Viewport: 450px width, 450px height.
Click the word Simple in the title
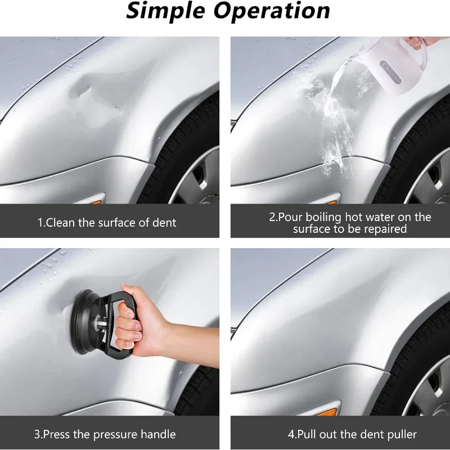coord(165,11)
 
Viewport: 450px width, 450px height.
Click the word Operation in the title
coord(272,10)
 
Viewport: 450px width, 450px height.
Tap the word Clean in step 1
coord(60,223)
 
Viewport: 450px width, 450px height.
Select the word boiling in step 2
coord(323,218)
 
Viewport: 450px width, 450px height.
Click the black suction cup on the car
coord(83,322)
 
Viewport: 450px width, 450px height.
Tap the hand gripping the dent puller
coord(143,325)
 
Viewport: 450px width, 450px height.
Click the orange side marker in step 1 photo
coord(96,202)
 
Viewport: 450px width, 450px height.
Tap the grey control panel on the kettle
coord(390,73)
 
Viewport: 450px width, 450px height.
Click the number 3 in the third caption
coord(37,434)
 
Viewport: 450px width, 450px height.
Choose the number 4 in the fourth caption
coord(291,434)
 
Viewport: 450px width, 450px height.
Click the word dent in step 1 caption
coord(164,223)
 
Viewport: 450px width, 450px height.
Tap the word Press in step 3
coord(57,434)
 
